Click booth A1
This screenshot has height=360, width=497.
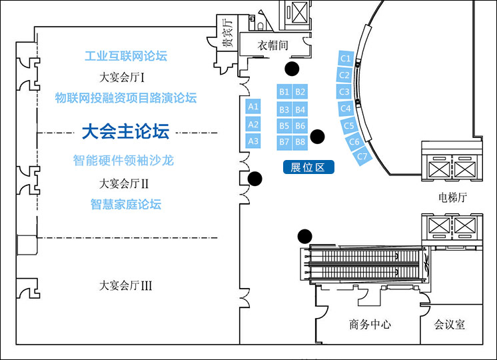point(253,107)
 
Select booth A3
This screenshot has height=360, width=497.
point(253,141)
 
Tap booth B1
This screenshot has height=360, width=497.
point(284,92)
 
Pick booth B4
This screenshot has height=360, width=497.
point(300,109)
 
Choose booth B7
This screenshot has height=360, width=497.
point(284,141)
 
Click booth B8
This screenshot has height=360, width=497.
point(300,141)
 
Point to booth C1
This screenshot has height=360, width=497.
point(345,59)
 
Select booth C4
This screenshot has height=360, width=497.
point(346,108)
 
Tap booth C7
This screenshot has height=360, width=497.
point(362,157)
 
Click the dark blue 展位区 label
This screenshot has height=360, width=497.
point(308,167)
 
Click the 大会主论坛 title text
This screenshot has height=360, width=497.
point(125,131)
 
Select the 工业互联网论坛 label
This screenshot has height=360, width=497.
point(126,56)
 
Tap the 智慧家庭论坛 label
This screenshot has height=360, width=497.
point(126,205)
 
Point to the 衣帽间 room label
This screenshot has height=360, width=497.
point(273,45)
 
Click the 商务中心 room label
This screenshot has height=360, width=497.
point(370,325)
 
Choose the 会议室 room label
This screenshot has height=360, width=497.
point(450,325)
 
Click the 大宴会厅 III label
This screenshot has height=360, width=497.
point(126,285)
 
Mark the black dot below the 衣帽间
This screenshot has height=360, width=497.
point(291,67)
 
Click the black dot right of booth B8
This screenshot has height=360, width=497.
point(318,137)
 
